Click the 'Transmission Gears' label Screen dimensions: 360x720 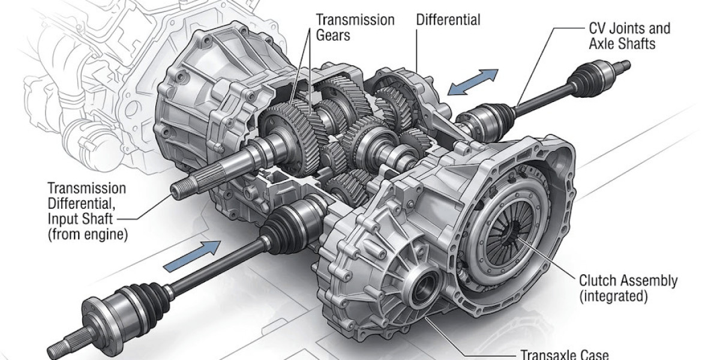pyautogui.click(x=355, y=28)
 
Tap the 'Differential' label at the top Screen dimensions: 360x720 pyautogui.click(x=448, y=20)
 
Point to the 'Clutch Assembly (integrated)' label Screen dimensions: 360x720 pyautogui.click(x=628, y=288)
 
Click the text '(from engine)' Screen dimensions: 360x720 pyautogui.click(x=88, y=235)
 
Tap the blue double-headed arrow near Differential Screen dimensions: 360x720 pyautogui.click(x=474, y=82)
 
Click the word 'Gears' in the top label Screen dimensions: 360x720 pyautogui.click(x=334, y=35)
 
